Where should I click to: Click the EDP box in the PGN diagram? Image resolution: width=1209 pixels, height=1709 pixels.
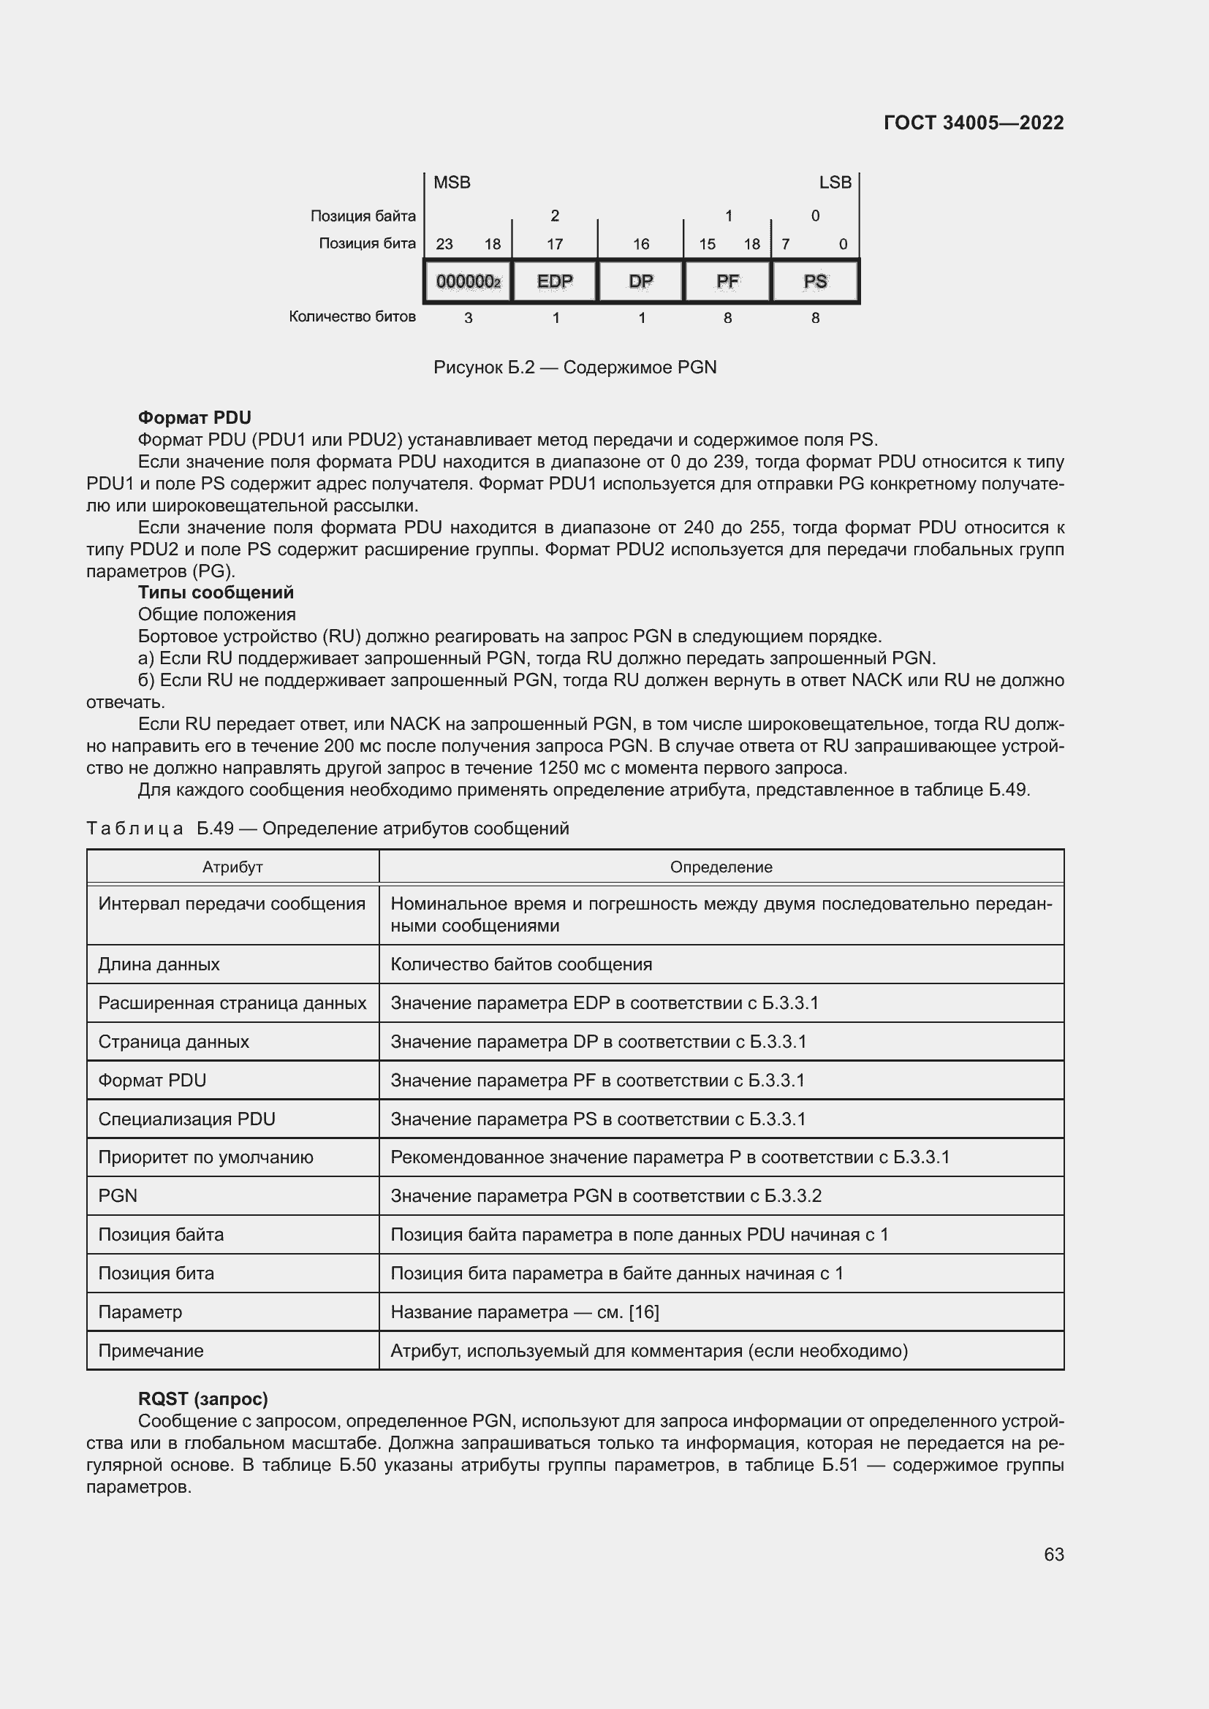pos(555,281)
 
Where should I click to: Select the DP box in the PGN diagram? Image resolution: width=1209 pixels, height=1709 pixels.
pos(640,281)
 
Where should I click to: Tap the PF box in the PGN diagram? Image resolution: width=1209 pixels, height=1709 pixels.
pos(727,281)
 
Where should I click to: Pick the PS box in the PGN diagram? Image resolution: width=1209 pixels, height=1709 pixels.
pos(815,281)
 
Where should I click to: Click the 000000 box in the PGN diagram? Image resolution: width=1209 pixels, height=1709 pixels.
pos(469,281)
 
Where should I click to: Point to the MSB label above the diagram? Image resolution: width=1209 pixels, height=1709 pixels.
pos(452,183)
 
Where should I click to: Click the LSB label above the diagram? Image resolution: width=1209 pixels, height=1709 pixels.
pos(835,183)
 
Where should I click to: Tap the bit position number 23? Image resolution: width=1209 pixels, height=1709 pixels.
pos(444,244)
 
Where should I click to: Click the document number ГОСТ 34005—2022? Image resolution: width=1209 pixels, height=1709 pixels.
pos(973,123)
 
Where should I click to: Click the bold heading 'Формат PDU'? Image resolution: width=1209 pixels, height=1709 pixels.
pos(194,418)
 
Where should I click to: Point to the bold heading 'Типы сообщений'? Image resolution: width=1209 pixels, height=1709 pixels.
pos(216,593)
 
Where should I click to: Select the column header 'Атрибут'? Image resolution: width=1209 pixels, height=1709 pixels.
pos(232,867)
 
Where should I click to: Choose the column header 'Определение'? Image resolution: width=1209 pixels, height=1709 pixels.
pos(721,867)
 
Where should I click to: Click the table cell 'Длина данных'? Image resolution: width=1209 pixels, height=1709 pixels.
pos(159,964)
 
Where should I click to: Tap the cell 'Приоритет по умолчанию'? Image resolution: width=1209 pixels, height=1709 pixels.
pos(205,1157)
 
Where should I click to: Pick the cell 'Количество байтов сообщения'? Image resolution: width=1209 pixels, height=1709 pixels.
pos(521,964)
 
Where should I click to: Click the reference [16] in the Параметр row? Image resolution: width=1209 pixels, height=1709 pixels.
pos(644,1312)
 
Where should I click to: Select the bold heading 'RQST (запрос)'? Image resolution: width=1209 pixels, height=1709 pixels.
pos(202,1399)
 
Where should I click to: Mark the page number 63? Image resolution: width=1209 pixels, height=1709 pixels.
pos(1053,1555)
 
